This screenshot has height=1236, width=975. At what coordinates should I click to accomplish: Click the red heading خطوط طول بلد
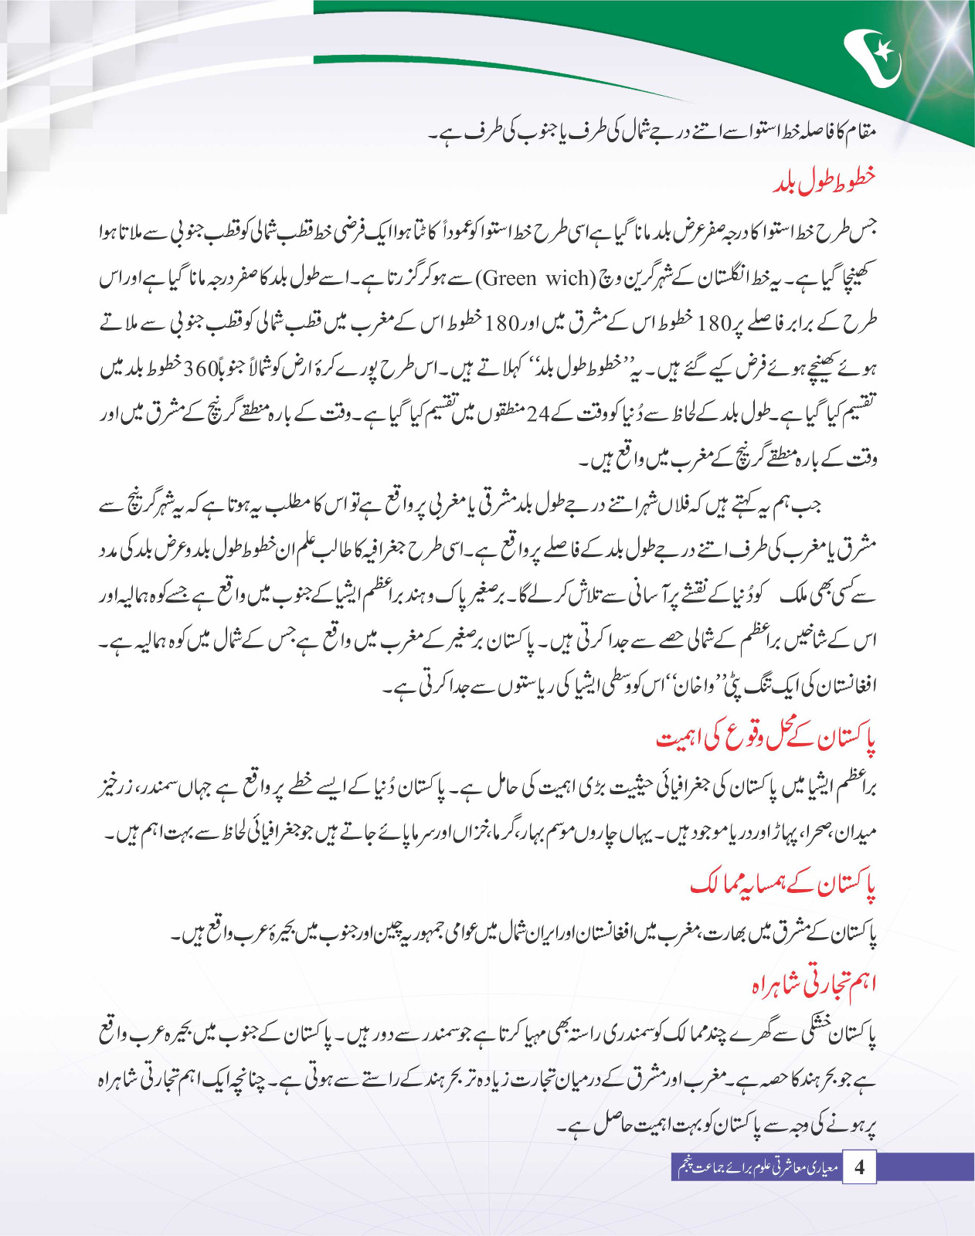point(824,181)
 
